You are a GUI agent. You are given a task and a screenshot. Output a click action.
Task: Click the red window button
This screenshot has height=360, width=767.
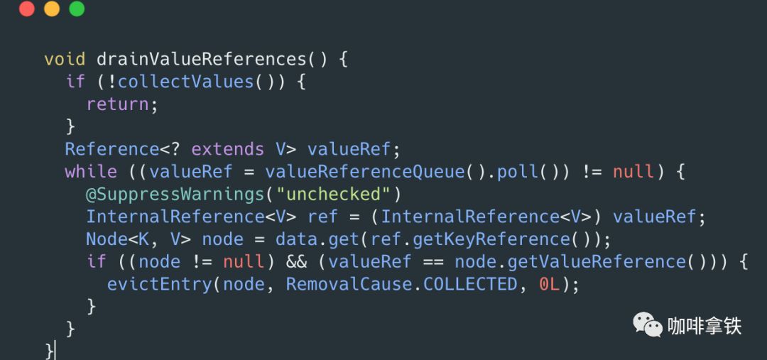(27, 9)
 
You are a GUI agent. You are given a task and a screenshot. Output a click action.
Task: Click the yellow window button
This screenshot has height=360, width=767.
(52, 9)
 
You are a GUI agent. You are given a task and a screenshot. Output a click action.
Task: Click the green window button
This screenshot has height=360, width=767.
(77, 9)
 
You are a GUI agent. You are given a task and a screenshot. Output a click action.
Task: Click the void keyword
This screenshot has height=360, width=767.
(65, 58)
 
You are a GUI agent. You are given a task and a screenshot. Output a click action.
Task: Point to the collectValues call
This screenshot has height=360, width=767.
(185, 81)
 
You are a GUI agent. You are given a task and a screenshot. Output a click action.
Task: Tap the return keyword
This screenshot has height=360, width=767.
(118, 104)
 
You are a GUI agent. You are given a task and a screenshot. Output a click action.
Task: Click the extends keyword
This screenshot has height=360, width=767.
(228, 149)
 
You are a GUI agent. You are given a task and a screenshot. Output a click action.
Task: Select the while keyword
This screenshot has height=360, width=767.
(91, 172)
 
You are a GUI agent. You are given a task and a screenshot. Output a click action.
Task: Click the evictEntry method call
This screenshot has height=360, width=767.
(160, 285)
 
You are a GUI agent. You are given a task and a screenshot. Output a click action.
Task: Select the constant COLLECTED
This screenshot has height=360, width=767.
(470, 285)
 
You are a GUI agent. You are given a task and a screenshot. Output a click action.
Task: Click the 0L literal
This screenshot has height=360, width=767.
(549, 285)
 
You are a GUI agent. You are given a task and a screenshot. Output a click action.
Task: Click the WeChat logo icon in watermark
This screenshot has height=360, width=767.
(648, 325)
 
